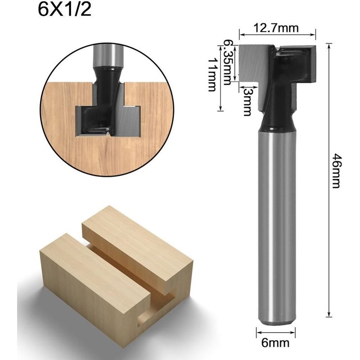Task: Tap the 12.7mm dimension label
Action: pos(276,28)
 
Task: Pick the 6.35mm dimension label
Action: pos(229,61)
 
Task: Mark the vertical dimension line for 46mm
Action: pos(329,180)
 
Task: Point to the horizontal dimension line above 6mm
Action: pos(276,333)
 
